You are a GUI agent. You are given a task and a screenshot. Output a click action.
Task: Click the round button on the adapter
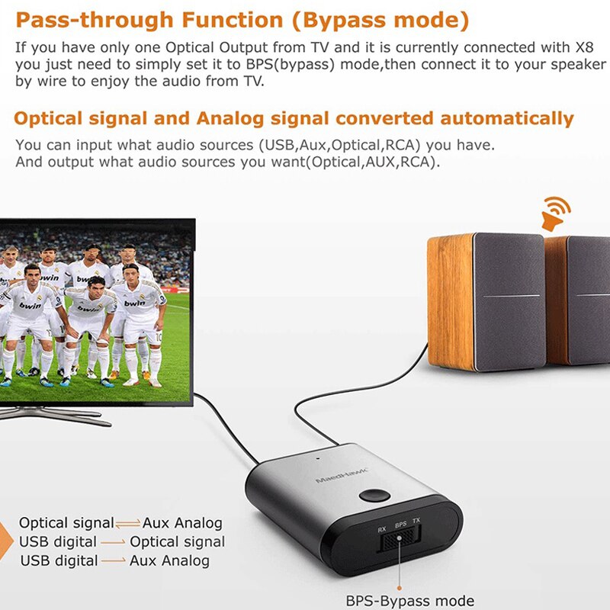(x=373, y=494)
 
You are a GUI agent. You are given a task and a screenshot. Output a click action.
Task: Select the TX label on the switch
(x=416, y=522)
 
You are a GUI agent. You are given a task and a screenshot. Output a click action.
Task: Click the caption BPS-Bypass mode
(x=409, y=601)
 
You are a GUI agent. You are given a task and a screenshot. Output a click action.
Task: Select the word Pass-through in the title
(x=83, y=20)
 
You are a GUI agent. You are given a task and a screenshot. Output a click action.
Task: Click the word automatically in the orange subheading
(x=507, y=118)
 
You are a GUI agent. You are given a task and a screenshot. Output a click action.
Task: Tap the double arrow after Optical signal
(x=127, y=523)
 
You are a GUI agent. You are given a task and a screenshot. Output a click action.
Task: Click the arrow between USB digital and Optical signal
(x=113, y=542)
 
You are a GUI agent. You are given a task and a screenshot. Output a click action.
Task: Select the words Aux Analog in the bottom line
(x=169, y=560)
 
